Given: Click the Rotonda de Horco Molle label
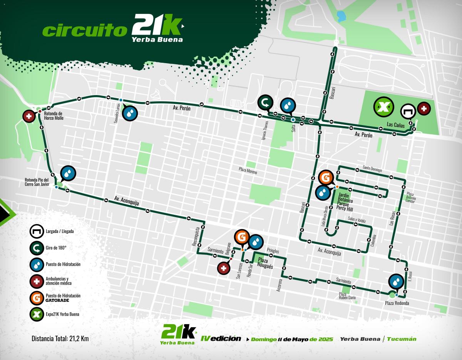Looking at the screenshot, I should [x=54, y=116].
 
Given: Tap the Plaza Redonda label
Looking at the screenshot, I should [x=397, y=303].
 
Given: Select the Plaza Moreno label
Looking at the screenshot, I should [x=248, y=170].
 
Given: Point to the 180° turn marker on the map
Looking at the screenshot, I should [x=266, y=103].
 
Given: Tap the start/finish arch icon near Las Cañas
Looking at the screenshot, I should [x=408, y=111].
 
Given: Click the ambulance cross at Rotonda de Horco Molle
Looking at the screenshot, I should [x=29, y=116].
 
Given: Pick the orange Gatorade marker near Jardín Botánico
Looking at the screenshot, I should [x=325, y=178].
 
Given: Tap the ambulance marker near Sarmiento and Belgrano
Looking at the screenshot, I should [x=224, y=268].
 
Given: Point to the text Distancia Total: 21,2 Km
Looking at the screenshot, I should [x=60, y=339].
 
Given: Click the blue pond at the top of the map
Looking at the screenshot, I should [x=341, y=16].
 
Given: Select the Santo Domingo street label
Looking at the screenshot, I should [x=372, y=168].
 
